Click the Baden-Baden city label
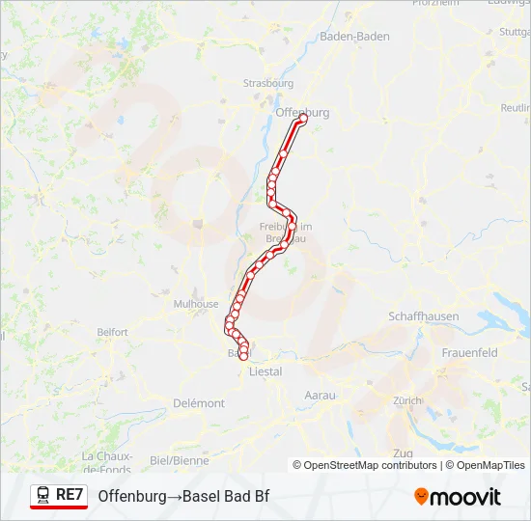(354, 36)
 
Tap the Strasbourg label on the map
(268, 83)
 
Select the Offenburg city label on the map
(302, 112)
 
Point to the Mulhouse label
(196, 303)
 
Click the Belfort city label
(112, 332)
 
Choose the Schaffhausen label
(423, 316)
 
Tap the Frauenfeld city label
(469, 353)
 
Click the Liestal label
(265, 370)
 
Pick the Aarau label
(320, 396)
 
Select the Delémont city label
(200, 403)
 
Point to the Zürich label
(407, 399)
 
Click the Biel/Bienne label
(180, 460)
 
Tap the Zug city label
(403, 452)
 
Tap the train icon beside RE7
(43, 495)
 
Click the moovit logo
(457, 497)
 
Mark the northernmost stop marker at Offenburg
(303, 121)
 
